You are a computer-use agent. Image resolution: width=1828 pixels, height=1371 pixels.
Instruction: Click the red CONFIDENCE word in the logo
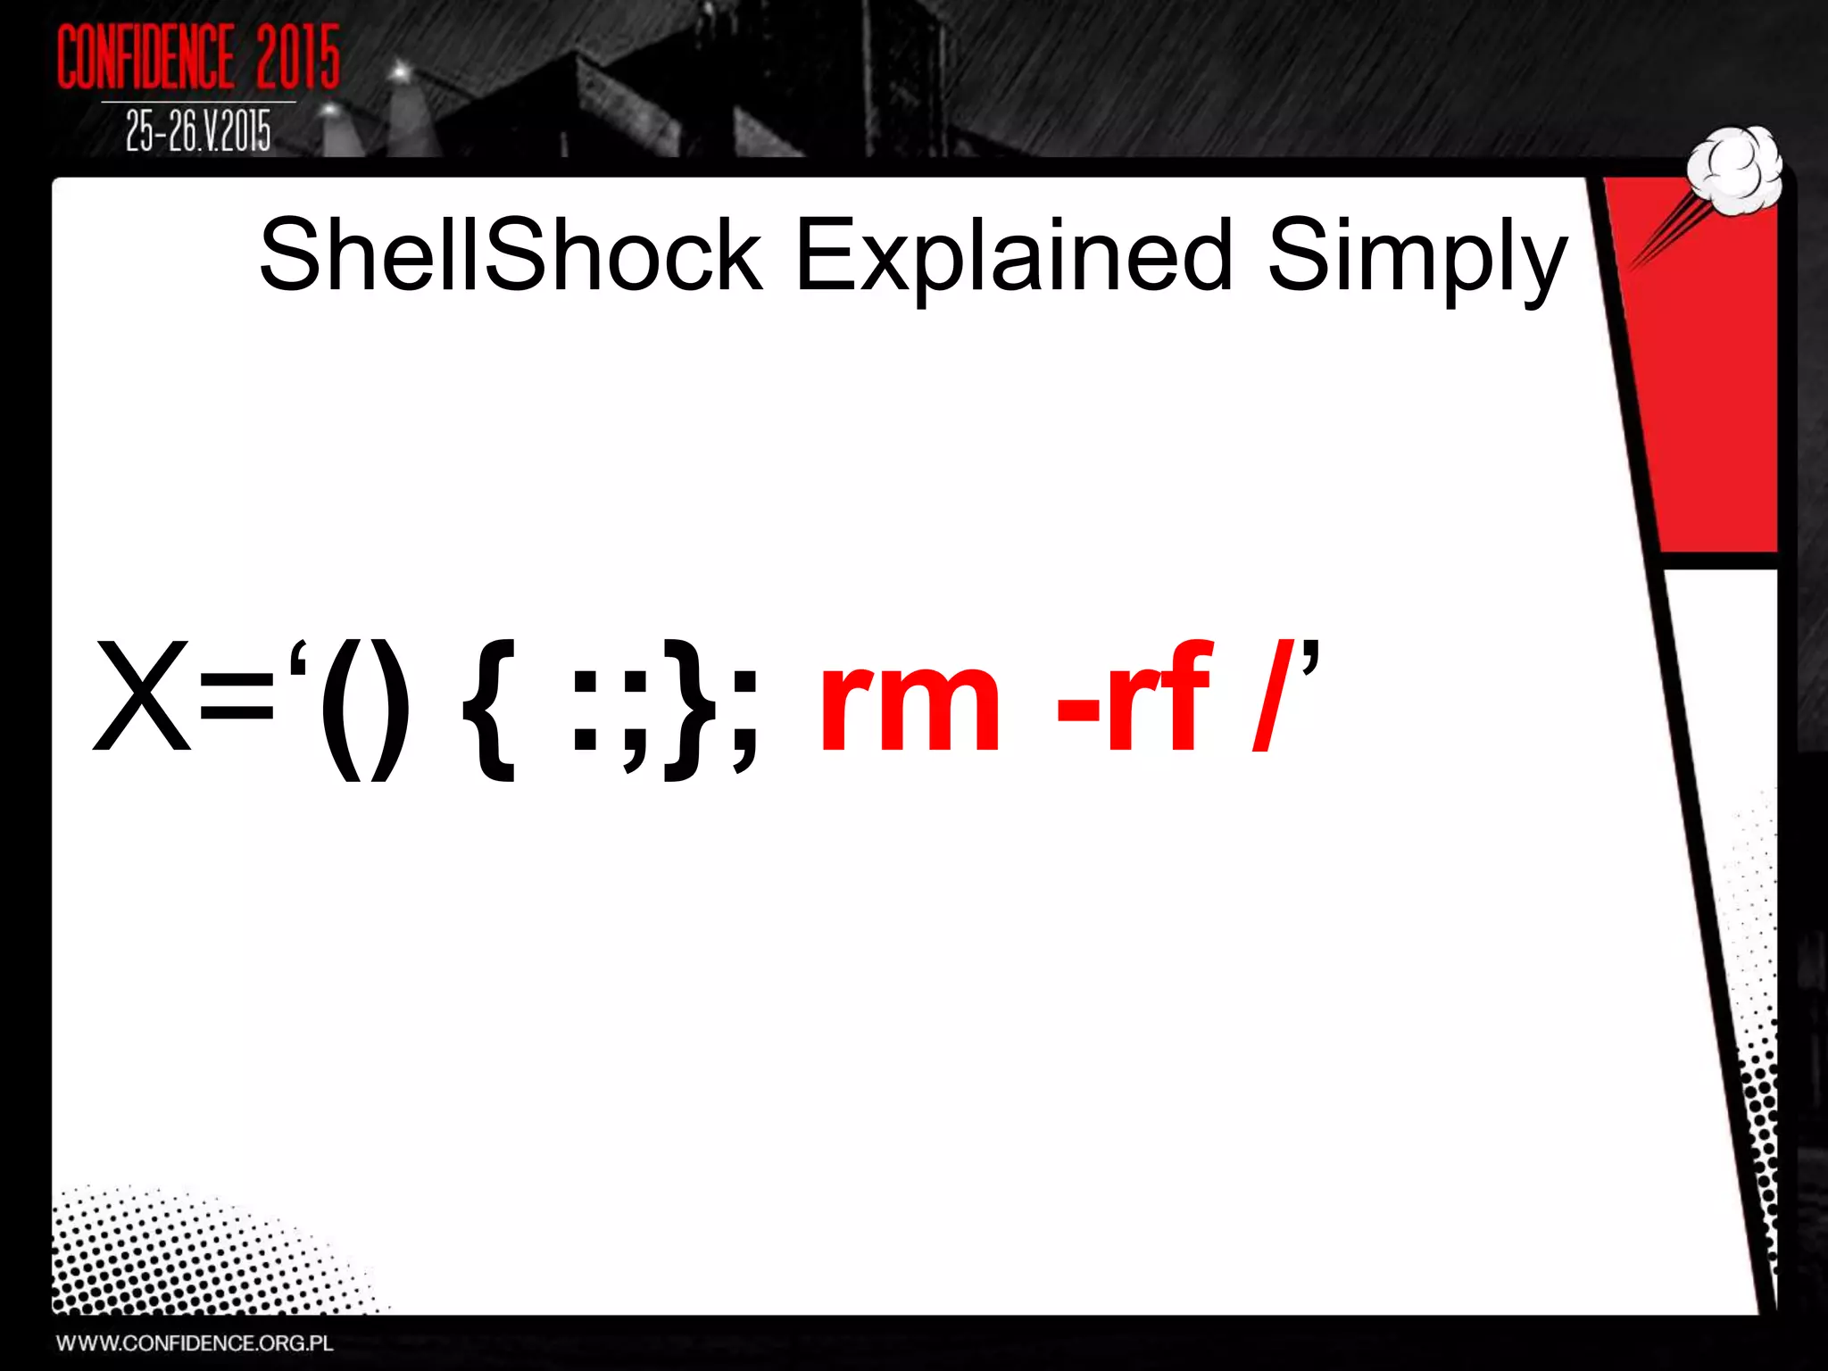[146, 57]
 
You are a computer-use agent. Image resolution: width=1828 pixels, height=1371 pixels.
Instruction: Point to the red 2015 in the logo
[298, 57]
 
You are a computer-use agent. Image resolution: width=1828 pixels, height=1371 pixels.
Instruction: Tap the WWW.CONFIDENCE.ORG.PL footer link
[195, 1343]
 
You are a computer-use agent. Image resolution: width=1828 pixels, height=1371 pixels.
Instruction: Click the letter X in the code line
[143, 696]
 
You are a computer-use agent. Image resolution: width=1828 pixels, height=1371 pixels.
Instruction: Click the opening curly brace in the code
[490, 710]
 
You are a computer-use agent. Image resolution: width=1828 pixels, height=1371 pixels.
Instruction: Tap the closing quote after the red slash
[1309, 656]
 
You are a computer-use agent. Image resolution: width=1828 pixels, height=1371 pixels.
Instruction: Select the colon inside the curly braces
[586, 710]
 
